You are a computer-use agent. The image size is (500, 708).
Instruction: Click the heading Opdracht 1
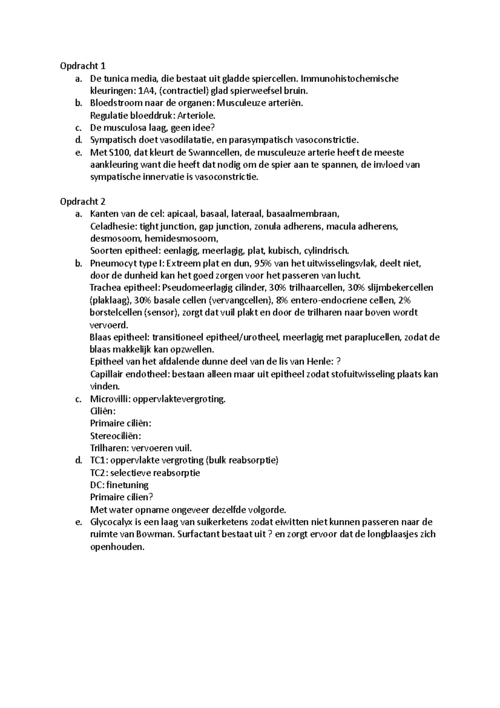82,66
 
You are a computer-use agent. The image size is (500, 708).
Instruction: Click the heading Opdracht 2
82,202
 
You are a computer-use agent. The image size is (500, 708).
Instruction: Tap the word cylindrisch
326,251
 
